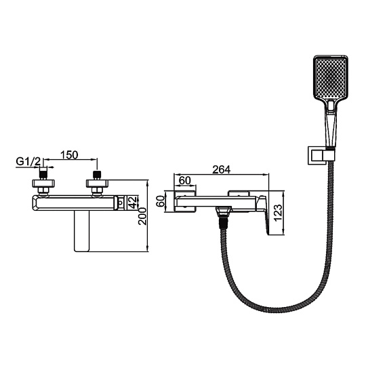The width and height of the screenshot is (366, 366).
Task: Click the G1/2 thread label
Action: click(28, 161)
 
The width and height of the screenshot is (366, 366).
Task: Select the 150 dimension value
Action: click(69, 155)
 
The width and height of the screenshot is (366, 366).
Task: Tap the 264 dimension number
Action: click(221, 169)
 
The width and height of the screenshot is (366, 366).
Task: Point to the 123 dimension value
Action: click(278, 213)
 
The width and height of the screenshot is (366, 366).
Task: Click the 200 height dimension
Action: click(142, 216)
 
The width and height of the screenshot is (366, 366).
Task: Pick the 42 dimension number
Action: click(132, 202)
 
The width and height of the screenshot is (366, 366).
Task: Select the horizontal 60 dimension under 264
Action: click(185, 180)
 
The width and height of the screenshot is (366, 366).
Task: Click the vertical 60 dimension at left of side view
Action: click(161, 201)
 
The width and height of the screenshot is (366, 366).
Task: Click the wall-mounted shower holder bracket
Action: click(319, 155)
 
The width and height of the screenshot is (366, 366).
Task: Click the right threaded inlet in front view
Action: click(97, 175)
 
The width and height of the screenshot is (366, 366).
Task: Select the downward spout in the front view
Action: click(82, 230)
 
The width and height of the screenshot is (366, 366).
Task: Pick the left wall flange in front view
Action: click(44, 183)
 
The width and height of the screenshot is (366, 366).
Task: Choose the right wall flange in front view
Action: click(98, 183)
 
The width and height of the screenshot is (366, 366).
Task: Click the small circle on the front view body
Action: click(121, 203)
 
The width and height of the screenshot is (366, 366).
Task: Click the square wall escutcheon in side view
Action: click(185, 201)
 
